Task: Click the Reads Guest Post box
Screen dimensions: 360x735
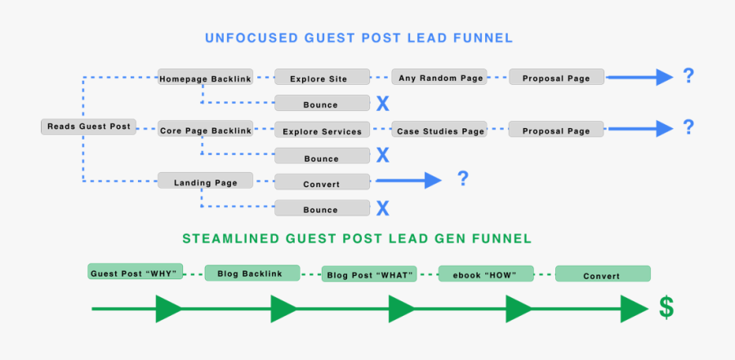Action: click(x=88, y=127)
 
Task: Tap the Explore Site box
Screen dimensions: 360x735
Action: click(x=322, y=78)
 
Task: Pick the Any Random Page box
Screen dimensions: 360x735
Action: click(x=439, y=78)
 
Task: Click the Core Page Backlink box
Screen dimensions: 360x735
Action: click(x=205, y=130)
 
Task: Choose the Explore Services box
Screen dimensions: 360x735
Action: click(x=322, y=131)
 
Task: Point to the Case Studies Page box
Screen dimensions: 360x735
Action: click(x=439, y=130)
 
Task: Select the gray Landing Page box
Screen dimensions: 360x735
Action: click(x=205, y=181)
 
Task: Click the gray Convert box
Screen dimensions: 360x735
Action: click(x=322, y=183)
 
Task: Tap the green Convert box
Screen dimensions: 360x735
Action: click(x=602, y=274)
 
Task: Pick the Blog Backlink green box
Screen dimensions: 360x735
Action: click(x=252, y=273)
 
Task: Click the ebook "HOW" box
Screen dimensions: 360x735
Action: click(x=486, y=274)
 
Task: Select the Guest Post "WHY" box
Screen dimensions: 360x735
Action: click(x=135, y=272)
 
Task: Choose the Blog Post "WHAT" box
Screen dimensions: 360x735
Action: click(x=369, y=275)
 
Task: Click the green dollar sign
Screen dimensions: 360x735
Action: click(x=667, y=308)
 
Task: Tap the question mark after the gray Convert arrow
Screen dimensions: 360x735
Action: click(x=462, y=179)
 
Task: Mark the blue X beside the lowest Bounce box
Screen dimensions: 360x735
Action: click(x=382, y=208)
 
